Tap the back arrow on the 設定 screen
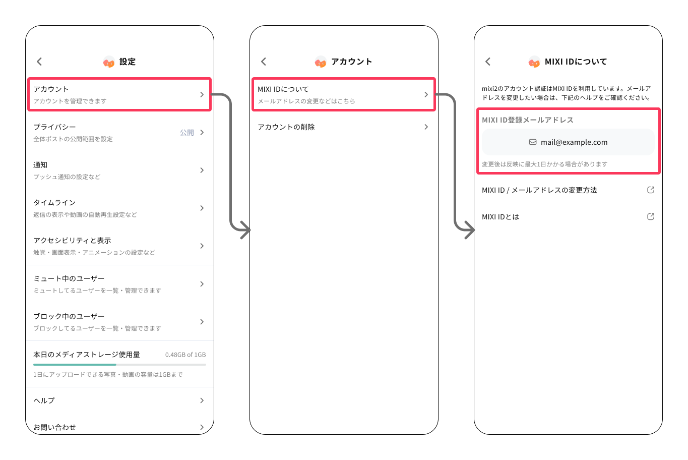[39, 62]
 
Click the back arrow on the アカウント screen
[264, 62]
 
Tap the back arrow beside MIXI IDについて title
[488, 62]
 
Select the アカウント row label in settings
[51, 89]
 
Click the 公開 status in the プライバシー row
[187, 133]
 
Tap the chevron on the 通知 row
[202, 170]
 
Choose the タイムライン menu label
[54, 203]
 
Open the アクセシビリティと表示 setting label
[72, 241]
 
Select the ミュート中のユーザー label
[69, 278]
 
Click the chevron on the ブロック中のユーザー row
[202, 322]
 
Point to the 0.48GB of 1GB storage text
[185, 355]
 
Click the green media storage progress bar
[75, 364]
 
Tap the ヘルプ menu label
[44, 400]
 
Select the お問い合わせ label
[54, 427]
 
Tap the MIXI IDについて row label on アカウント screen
[283, 89]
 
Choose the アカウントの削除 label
[286, 127]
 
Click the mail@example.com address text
[574, 142]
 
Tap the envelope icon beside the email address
[533, 142]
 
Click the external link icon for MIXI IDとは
[651, 217]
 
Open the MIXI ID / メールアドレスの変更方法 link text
[539, 190]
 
